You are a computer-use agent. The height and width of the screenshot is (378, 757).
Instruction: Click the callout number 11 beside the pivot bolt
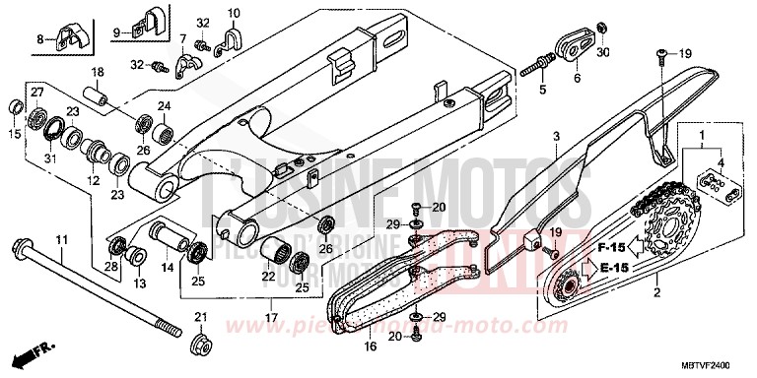(60, 240)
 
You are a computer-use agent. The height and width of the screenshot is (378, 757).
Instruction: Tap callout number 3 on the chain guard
(555, 136)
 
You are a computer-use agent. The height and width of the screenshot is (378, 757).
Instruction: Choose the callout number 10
(233, 14)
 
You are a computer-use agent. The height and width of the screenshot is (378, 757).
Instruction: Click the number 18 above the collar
(98, 73)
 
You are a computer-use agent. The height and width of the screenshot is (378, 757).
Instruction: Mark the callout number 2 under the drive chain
(654, 292)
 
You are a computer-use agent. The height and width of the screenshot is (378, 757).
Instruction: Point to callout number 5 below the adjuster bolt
(540, 91)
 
